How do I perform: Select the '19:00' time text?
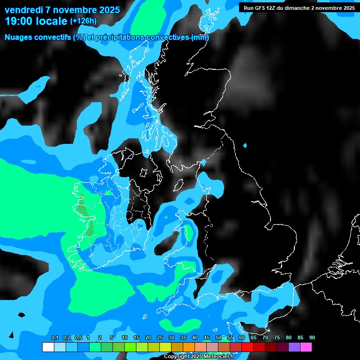coord(19,21)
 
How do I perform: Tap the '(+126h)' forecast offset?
coord(84,21)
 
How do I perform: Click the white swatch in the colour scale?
coord(48,347)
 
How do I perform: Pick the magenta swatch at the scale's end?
coord(306,347)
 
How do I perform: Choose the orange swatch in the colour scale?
coord(188,347)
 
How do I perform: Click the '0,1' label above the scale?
coord(55,338)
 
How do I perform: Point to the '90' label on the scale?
coord(312,338)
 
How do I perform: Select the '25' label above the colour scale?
coord(160,338)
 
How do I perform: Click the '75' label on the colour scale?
coord(277,338)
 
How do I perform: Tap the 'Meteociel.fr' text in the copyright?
coord(217,357)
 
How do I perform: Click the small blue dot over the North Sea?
coord(245,146)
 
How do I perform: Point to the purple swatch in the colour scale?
coord(294,347)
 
